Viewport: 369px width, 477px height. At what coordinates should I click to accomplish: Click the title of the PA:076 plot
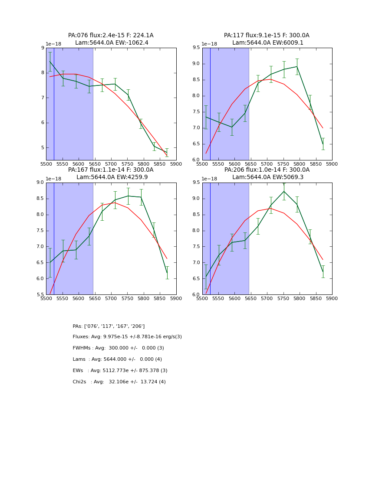click(111, 39)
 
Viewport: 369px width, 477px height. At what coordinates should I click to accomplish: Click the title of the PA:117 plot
click(267, 39)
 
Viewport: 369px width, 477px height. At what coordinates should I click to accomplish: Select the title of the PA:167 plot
click(111, 173)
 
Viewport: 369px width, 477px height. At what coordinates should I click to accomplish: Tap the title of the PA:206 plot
click(267, 173)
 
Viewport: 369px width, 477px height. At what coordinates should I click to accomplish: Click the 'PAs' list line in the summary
click(109, 326)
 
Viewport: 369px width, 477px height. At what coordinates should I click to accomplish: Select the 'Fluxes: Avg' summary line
click(127, 337)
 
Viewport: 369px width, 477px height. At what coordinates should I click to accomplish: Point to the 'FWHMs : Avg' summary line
click(118, 348)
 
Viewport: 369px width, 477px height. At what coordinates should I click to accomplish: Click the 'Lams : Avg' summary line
click(117, 359)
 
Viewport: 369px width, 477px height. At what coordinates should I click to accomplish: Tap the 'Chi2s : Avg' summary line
click(119, 382)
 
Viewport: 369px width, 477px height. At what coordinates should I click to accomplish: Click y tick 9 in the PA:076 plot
click(42, 48)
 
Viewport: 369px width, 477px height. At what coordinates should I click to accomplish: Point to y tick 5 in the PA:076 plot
click(42, 148)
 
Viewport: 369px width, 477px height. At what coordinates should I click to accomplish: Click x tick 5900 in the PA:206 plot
click(332, 298)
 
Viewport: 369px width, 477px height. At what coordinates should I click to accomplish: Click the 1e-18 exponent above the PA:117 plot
click(209, 44)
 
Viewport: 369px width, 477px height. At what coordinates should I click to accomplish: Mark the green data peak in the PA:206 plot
click(284, 191)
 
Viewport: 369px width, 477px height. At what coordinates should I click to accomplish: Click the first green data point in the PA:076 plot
click(50, 62)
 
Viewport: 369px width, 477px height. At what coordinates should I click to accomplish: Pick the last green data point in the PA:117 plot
click(323, 144)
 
